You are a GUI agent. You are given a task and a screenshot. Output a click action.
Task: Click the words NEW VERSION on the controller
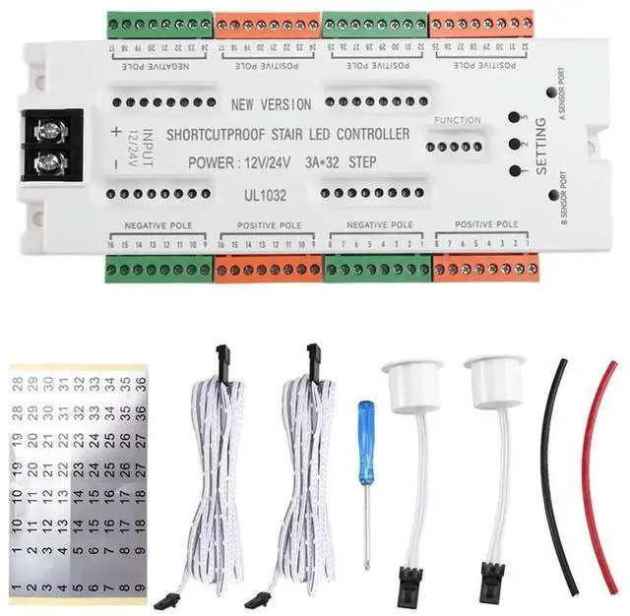pyautogui.click(x=271, y=104)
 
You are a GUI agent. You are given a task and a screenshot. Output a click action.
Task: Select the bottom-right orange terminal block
pyautogui.click(x=484, y=268)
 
